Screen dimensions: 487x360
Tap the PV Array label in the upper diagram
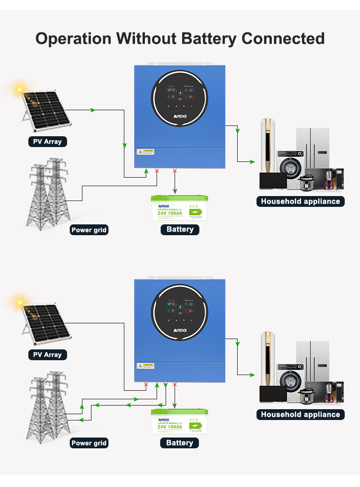click(x=47, y=142)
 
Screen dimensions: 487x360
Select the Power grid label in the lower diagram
click(x=89, y=443)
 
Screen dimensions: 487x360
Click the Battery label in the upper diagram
click(x=180, y=229)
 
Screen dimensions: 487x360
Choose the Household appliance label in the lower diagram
click(x=300, y=415)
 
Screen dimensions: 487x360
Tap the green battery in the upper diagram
click(x=180, y=208)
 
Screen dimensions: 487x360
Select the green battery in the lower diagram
click(x=180, y=421)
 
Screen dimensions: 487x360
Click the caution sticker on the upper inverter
click(x=146, y=152)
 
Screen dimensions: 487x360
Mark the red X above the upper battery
click(x=175, y=171)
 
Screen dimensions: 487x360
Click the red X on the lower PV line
click(x=146, y=384)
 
